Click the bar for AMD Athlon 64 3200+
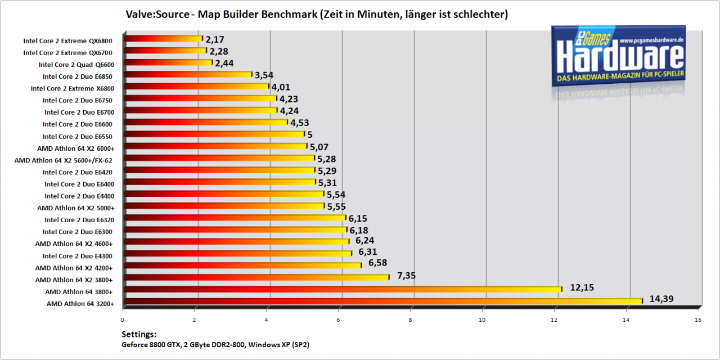point(383,301)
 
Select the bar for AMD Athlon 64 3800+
point(343,290)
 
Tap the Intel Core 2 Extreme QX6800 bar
point(163,39)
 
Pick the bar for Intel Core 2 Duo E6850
point(188,74)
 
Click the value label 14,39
point(661,299)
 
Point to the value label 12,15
point(582,287)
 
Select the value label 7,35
point(406,276)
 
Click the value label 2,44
point(224,64)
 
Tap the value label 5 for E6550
point(309,134)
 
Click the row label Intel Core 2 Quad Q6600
point(76,65)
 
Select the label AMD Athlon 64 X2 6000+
point(76,148)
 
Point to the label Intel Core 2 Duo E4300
point(78,256)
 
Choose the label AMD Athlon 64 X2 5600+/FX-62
point(64,160)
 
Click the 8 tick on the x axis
point(410,320)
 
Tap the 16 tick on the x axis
point(698,320)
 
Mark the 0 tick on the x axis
point(122,320)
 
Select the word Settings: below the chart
point(139,335)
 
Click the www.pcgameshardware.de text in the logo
point(651,40)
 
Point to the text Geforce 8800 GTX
point(151,345)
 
